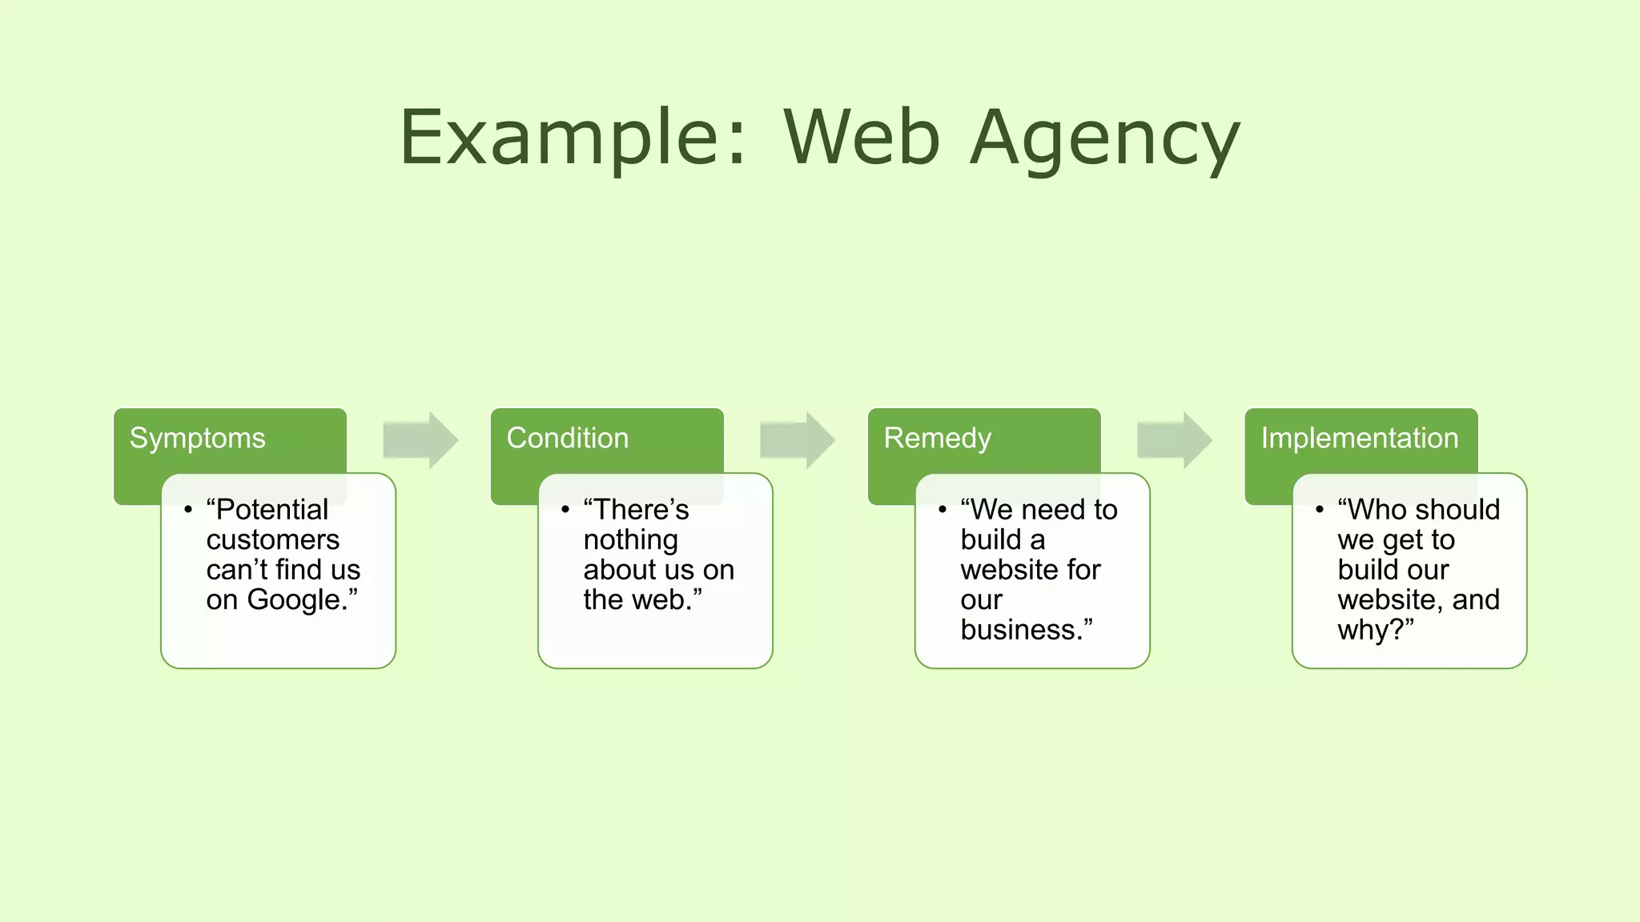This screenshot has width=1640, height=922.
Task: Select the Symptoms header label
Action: point(197,438)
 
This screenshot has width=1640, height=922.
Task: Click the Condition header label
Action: point(567,438)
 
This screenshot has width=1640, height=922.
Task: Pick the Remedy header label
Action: point(937,438)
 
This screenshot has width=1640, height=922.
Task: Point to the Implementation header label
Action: point(1359,438)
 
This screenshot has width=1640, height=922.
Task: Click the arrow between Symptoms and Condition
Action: point(420,440)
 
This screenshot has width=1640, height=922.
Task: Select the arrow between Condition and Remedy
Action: point(797,440)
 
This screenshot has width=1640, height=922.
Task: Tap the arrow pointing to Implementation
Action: point(1174,440)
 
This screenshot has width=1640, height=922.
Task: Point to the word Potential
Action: point(272,509)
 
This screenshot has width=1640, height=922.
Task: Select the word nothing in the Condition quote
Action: point(630,539)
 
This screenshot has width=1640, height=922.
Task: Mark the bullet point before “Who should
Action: point(1319,509)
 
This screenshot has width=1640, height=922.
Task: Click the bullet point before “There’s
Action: point(565,509)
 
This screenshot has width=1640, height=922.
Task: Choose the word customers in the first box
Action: point(272,539)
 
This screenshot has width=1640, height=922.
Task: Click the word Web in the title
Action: point(861,138)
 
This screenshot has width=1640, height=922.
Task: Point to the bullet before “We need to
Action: point(943,509)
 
